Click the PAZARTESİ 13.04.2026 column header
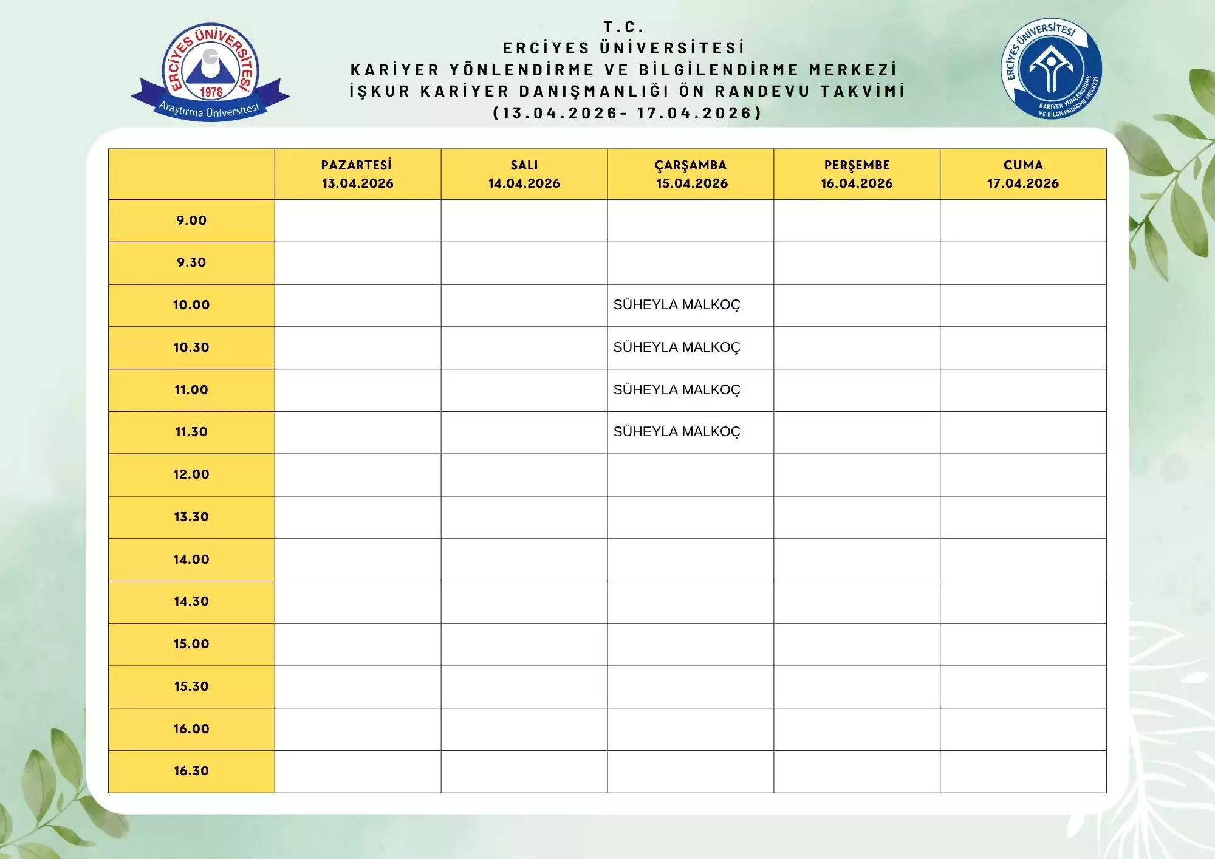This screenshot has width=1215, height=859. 357,174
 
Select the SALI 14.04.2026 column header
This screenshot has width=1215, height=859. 524,174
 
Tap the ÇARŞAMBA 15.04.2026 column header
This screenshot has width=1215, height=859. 691,174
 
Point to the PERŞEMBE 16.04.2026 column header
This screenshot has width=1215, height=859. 857,174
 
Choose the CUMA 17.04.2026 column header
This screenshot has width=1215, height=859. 1023,174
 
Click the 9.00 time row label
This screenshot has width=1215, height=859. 191,221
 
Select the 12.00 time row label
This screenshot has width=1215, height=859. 191,474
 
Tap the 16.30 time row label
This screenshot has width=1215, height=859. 191,771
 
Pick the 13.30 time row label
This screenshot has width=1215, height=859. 191,517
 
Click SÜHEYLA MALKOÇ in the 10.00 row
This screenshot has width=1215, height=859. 677,305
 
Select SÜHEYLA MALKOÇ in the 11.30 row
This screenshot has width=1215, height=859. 677,432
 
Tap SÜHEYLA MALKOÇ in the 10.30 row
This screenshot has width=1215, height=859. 677,347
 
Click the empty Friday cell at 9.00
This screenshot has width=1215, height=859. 1023,221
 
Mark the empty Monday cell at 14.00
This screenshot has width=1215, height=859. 357,560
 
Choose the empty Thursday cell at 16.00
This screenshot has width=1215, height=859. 857,729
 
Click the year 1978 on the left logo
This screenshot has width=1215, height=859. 211,92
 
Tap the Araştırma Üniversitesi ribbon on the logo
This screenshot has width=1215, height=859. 209,110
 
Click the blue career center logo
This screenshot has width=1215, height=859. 1051,68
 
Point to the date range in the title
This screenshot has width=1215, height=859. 627,113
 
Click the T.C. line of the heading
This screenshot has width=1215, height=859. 623,27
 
